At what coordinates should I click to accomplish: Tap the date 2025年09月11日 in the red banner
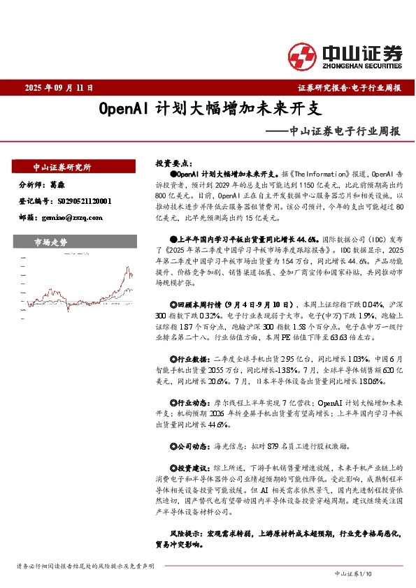click(59, 88)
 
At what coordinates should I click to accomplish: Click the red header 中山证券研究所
click(62, 168)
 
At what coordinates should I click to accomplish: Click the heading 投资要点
click(173, 162)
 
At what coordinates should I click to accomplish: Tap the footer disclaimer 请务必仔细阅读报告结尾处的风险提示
click(85, 565)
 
